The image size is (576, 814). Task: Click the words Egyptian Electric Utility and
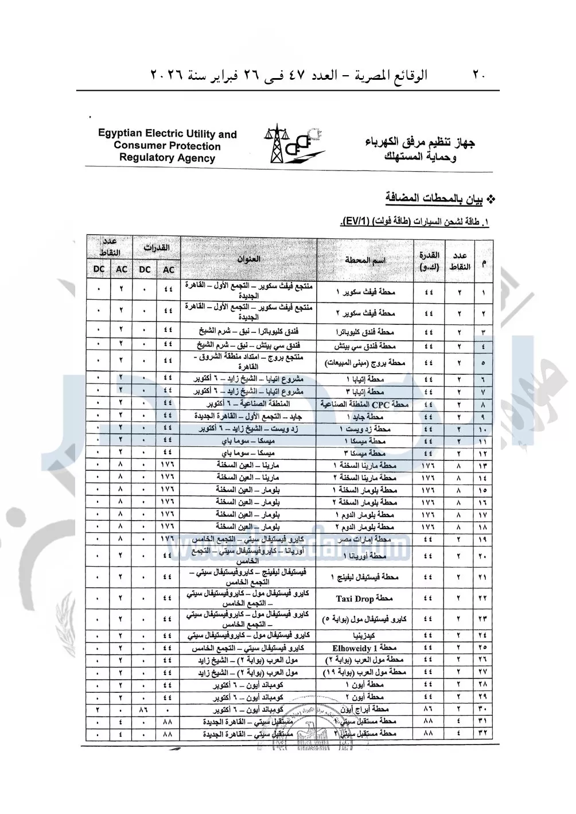168,134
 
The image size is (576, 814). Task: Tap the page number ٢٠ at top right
480,75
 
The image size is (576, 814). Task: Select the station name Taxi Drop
364,599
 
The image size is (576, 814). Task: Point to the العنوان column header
249,259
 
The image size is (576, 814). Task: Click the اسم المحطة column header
365,260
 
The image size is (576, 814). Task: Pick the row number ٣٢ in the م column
482,734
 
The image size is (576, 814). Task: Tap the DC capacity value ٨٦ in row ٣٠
144,710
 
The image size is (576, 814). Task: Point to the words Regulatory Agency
167,158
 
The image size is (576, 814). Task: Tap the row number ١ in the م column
483,293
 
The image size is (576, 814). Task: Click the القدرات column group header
157,248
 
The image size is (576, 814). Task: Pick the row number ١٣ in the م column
482,466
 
